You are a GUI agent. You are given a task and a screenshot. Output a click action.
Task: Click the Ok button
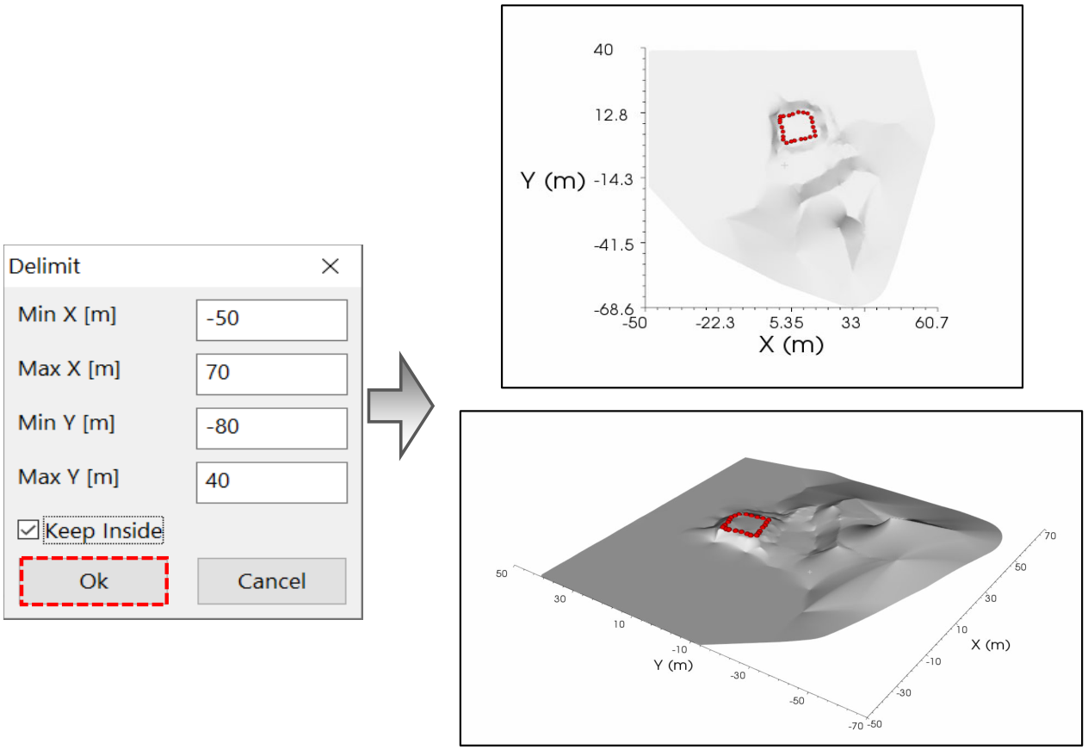(94, 581)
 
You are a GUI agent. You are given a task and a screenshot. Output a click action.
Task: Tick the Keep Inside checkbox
(28, 530)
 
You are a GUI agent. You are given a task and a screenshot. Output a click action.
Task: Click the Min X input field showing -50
(271, 319)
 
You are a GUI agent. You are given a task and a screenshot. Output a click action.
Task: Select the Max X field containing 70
(271, 374)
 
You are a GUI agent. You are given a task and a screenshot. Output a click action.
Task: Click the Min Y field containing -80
(271, 428)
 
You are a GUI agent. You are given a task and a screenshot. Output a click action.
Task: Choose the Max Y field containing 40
(271, 482)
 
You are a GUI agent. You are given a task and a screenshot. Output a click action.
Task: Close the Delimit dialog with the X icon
(331, 266)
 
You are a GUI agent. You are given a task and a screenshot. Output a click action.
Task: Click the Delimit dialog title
(44, 266)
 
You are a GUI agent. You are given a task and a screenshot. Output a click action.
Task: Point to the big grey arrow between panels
(400, 406)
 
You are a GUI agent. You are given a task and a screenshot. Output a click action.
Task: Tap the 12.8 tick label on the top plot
(611, 115)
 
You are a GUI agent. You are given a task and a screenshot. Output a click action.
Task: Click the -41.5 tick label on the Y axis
(614, 245)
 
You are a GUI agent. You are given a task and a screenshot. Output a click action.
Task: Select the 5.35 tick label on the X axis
(787, 323)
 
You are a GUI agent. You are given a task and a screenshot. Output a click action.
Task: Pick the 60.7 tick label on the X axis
(931, 323)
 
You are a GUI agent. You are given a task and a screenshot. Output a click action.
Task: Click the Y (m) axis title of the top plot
(553, 181)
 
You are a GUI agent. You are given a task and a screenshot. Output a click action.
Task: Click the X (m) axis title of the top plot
(791, 344)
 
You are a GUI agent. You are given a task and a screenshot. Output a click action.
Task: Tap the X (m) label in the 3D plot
(991, 645)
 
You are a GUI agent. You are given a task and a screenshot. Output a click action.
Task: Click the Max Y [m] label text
(69, 477)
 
